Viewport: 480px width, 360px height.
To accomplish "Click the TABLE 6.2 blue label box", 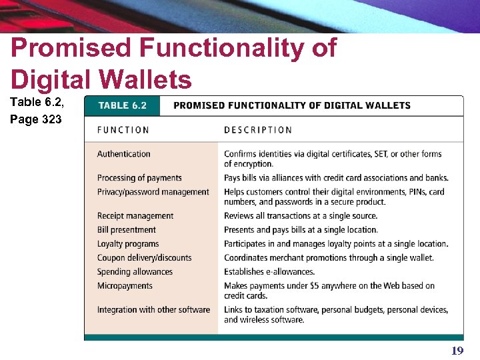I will tap(123, 105).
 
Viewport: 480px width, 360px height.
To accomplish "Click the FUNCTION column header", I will tap(123, 130).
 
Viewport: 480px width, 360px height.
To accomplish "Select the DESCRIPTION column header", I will tap(258, 130).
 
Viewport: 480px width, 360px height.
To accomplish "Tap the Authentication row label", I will tap(124, 154).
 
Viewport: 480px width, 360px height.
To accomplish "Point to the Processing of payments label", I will tap(139, 178).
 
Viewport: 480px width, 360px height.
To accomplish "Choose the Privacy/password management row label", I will tap(153, 192).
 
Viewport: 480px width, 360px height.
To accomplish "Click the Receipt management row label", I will tap(135, 216).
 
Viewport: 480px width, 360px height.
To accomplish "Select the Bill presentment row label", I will tap(127, 230).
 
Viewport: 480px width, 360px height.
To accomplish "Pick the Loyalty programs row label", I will tap(128, 244).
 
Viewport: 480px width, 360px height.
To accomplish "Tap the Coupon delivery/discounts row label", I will tap(144, 258).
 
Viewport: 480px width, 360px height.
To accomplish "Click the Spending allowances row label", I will tap(135, 272).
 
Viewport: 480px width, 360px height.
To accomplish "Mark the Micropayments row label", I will tap(125, 286).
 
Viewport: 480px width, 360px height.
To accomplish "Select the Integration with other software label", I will tap(153, 310).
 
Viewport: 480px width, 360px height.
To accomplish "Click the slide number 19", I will tap(457, 351).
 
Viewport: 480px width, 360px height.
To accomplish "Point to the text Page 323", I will tap(36, 120).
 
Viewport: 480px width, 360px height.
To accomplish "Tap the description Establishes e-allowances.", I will tap(269, 272).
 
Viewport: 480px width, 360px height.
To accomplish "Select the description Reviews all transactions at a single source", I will tap(301, 216).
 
